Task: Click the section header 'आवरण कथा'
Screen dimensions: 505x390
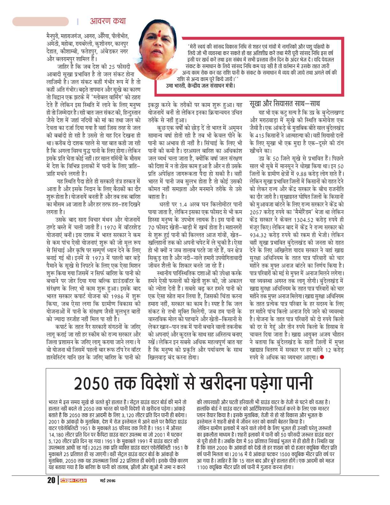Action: (x=108, y=21)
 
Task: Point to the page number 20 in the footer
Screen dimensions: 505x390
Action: (x=51, y=480)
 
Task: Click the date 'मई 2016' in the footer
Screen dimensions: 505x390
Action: (x=106, y=481)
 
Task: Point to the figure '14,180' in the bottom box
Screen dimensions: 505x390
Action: (x=56, y=435)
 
